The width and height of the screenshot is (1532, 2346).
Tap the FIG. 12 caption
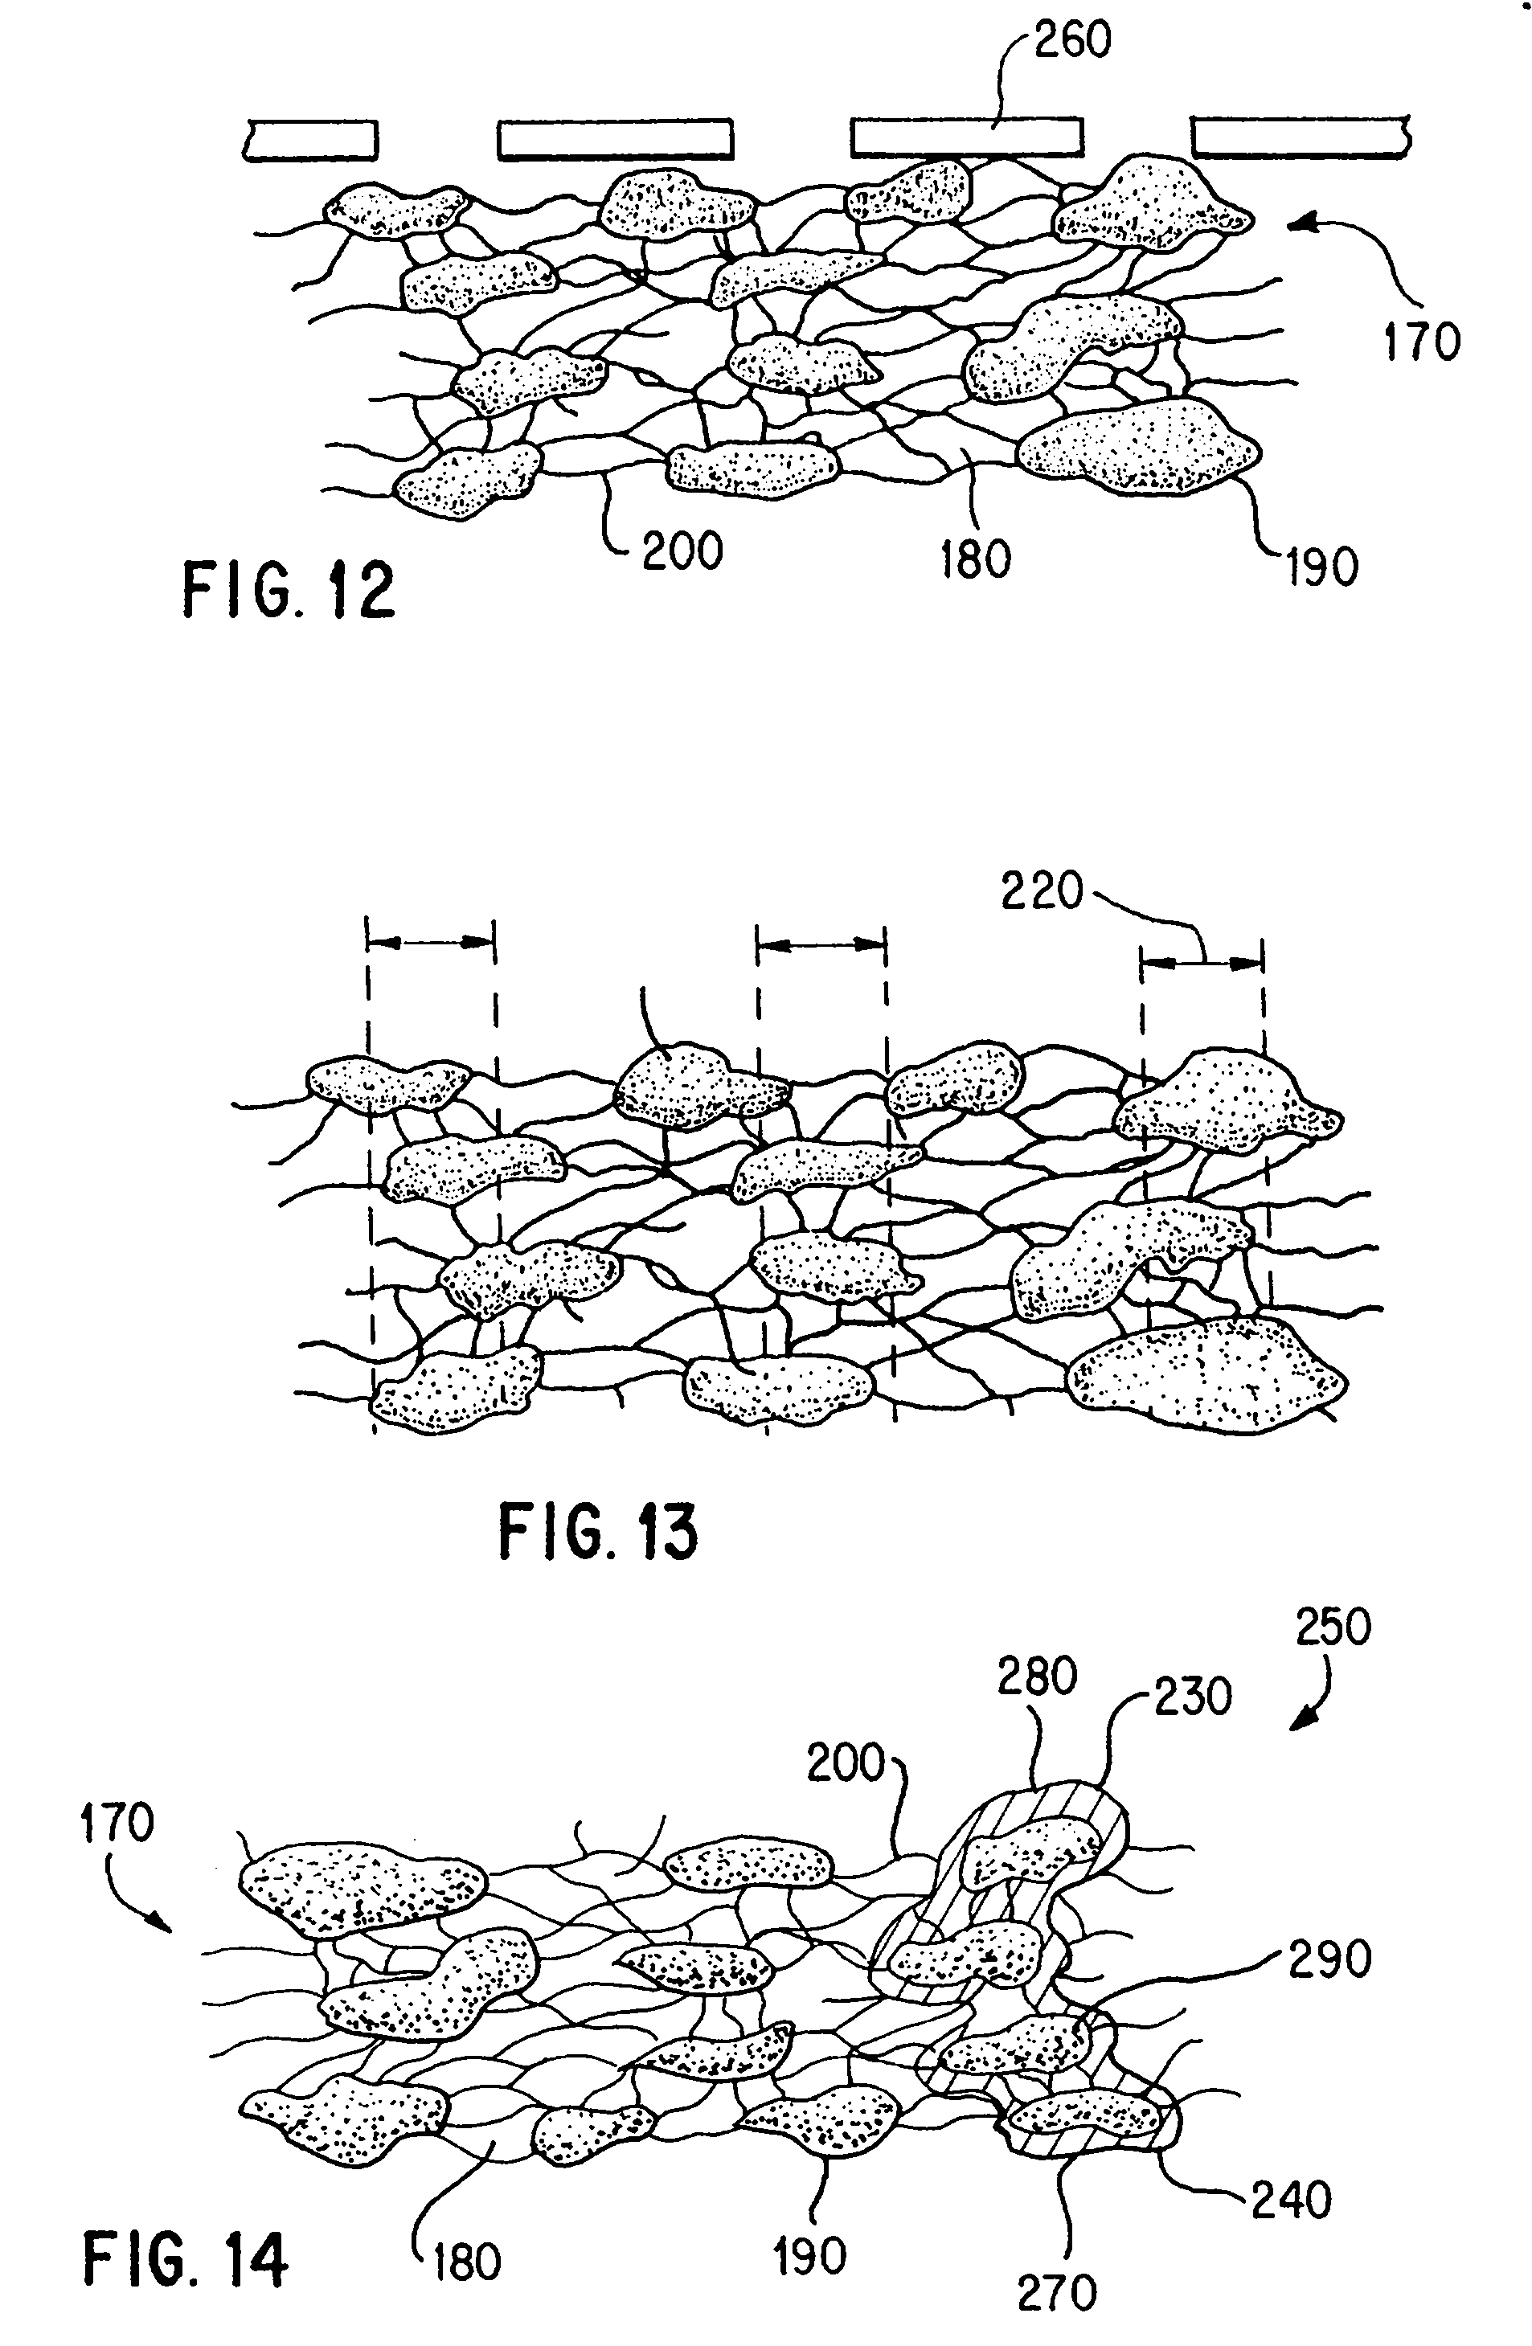pos(288,591)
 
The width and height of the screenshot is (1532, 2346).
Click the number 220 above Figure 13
pos(1042,892)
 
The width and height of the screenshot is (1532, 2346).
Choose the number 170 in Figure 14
pos(117,1824)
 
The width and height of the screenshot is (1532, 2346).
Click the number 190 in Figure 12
pos(1321,567)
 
